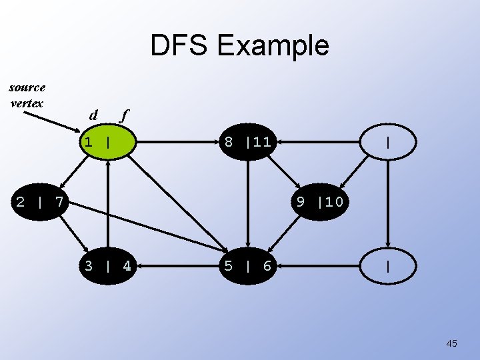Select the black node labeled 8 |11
tap(247, 142)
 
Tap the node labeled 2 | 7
tap(40, 201)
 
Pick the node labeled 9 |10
tap(319, 201)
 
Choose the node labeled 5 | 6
tap(247, 267)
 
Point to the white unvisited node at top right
tap(387, 142)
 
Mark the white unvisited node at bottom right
tap(387, 267)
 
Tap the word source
tap(27, 87)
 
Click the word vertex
tap(27, 103)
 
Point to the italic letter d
tap(94, 115)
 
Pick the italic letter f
tap(123, 115)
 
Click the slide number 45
tap(451, 343)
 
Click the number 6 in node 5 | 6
tap(267, 267)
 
